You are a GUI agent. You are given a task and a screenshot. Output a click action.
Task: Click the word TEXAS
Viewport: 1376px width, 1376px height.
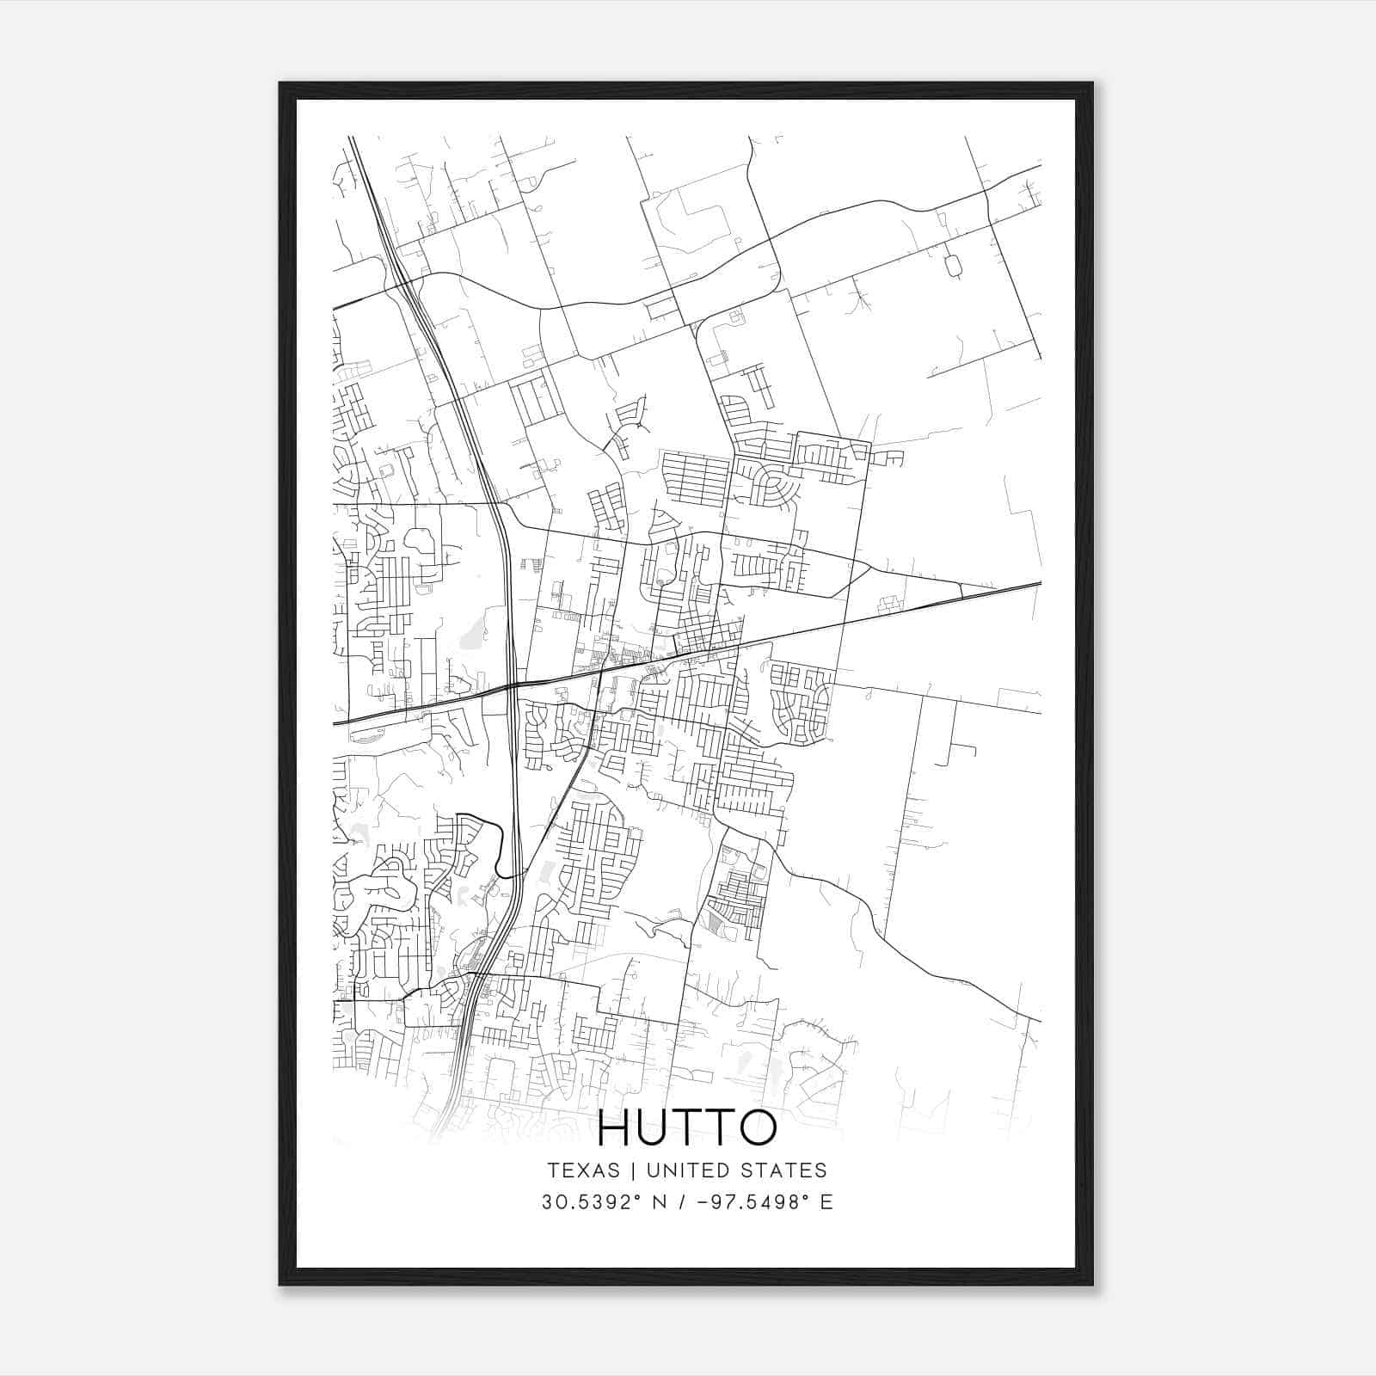pos(582,1170)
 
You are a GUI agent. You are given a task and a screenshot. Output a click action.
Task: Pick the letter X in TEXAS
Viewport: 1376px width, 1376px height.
pos(582,1170)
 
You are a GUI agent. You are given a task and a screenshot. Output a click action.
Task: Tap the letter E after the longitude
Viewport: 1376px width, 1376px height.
pos(826,1202)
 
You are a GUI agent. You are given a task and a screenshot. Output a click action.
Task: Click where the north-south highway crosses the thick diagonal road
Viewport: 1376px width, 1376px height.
pos(512,685)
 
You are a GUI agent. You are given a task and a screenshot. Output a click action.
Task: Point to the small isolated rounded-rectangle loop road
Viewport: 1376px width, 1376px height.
pos(952,266)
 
